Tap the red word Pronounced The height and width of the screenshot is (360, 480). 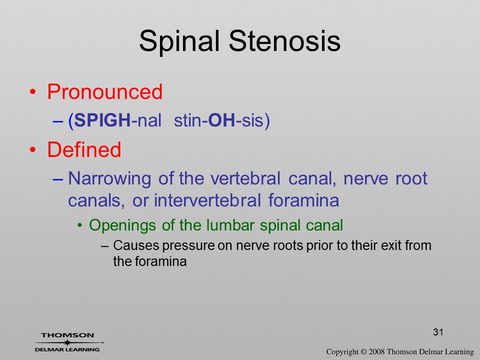[104, 91]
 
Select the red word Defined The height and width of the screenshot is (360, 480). [84, 149]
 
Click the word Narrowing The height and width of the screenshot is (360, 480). [109, 179]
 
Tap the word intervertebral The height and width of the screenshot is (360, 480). [207, 200]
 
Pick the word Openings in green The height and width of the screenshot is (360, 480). [122, 226]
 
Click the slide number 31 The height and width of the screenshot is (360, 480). [438, 332]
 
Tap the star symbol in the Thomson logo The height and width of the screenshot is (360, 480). [67, 342]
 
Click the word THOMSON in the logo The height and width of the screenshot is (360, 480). [67, 335]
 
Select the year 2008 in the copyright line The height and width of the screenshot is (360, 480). [376, 351]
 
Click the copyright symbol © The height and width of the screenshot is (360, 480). [363, 351]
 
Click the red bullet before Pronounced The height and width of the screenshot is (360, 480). [33, 92]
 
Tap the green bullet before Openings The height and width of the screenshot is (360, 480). [80, 226]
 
